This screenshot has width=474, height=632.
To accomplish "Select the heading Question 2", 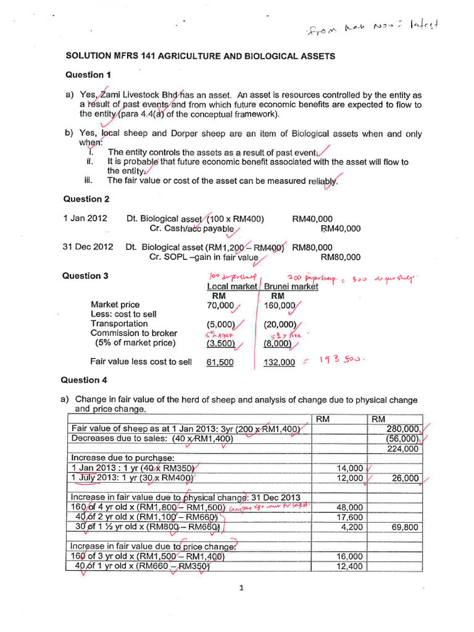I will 86,199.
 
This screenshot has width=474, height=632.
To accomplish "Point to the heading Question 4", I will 86,380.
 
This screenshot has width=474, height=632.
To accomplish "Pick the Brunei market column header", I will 291,286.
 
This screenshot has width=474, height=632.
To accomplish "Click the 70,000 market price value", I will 221,305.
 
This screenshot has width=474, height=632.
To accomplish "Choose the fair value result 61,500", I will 220,362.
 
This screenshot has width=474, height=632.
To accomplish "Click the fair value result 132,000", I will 280,362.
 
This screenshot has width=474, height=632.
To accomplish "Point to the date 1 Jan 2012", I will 85,218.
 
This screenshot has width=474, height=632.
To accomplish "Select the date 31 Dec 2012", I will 88,247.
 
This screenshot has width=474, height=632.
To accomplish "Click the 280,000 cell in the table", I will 404,429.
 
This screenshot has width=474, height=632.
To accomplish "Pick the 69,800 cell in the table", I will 405,528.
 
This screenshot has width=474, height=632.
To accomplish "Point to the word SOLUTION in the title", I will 90,56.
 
